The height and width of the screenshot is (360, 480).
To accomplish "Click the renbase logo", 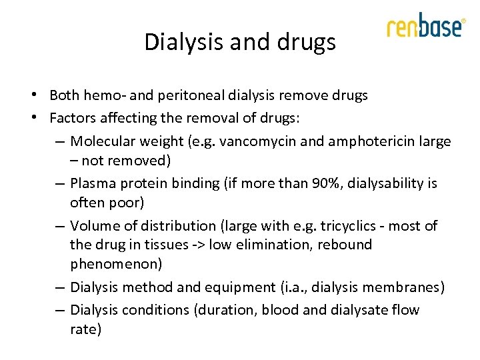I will (x=425, y=27).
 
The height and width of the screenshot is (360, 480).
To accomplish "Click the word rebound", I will (x=345, y=245).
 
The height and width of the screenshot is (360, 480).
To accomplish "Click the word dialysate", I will (x=357, y=310).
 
